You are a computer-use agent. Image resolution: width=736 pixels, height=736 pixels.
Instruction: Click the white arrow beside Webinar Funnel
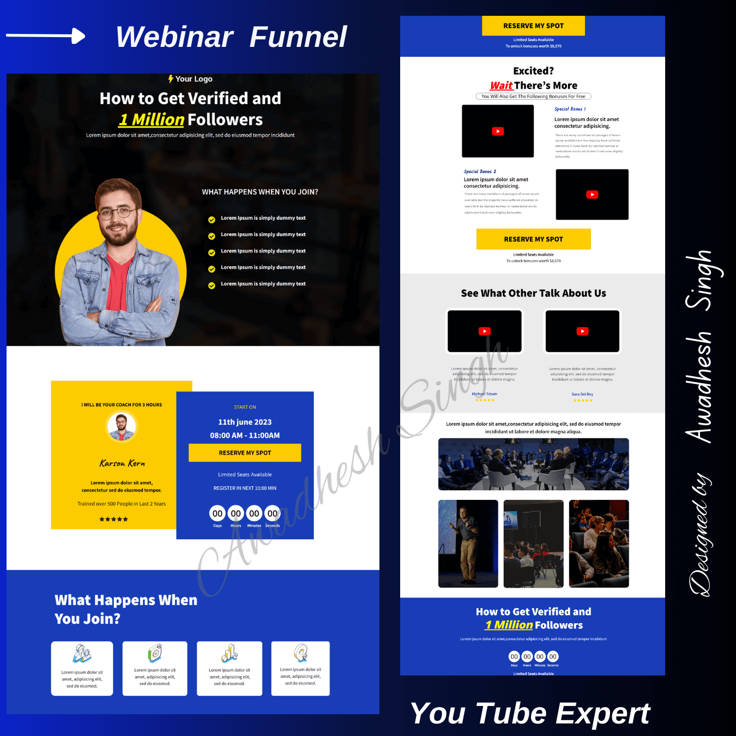[46, 37]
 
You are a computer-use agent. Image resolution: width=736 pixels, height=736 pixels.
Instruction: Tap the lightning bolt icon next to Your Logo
[171, 79]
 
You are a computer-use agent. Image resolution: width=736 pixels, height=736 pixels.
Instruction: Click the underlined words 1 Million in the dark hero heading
[152, 119]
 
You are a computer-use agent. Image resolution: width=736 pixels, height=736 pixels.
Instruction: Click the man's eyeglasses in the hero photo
[117, 212]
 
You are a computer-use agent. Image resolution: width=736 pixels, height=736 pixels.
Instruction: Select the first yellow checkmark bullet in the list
[212, 220]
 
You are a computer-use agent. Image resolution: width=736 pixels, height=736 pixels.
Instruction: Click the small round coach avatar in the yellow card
[122, 426]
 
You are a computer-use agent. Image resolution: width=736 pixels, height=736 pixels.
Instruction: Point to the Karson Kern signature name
[122, 463]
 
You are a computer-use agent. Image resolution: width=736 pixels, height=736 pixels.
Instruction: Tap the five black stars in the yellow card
[113, 519]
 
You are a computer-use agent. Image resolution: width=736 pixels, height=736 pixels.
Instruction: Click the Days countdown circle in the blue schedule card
[218, 514]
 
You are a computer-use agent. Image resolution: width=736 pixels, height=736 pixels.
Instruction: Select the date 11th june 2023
[245, 422]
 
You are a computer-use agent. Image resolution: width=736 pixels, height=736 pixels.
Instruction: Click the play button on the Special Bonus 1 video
[498, 131]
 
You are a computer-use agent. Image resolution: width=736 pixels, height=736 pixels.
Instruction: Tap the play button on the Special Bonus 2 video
[592, 195]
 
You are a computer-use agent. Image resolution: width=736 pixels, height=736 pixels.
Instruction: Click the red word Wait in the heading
[501, 86]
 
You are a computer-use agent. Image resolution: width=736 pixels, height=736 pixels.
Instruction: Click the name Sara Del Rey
[582, 394]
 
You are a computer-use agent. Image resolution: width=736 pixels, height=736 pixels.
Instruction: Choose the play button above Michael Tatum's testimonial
[485, 331]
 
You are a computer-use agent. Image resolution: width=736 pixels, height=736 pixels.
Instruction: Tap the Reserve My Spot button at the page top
[533, 26]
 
